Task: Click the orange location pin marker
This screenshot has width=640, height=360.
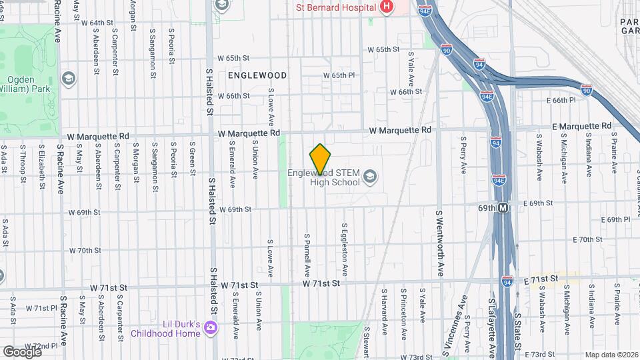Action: pyautogui.click(x=321, y=159)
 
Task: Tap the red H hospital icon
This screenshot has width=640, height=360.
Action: pyautogui.click(x=385, y=7)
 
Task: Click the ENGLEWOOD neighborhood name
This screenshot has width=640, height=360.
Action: pyautogui.click(x=257, y=76)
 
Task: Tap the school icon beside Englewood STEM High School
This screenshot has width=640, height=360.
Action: pyautogui.click(x=371, y=177)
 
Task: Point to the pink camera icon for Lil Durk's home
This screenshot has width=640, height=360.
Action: pyautogui.click(x=211, y=327)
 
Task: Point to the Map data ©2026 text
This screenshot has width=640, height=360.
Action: pyautogui.click(x=611, y=355)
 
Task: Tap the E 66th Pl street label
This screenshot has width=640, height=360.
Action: pyautogui.click(x=559, y=100)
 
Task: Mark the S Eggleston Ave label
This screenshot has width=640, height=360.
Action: pyautogui.click(x=345, y=251)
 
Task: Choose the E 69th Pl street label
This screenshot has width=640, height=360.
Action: pyautogui.click(x=615, y=219)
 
